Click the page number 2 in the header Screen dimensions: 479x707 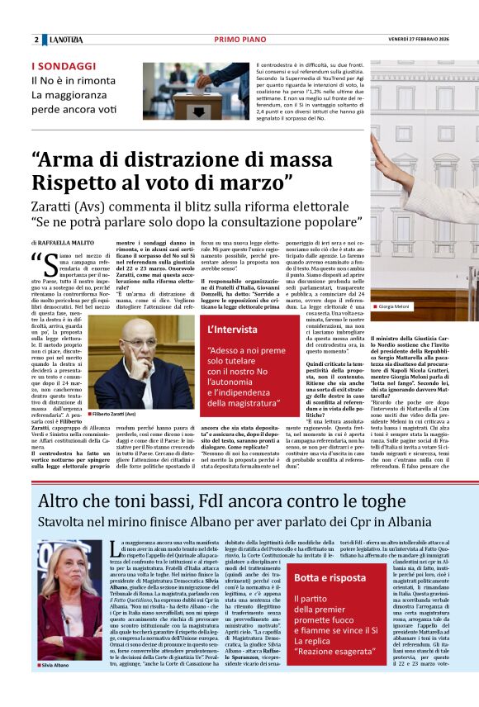point(36,40)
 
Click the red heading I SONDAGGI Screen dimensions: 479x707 point(64,65)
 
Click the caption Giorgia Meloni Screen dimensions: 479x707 point(397,306)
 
